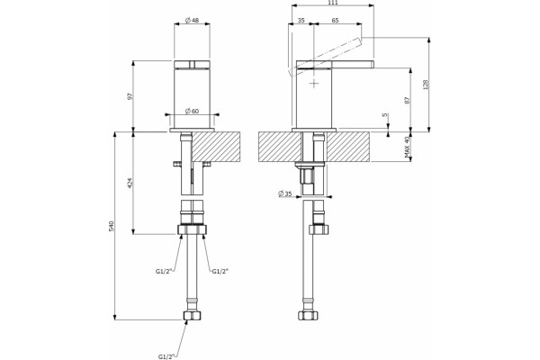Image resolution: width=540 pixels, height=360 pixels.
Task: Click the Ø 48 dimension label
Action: [192, 21]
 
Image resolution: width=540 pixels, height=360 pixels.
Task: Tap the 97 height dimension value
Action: [130, 96]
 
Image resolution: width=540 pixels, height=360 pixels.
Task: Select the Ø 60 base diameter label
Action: [192, 111]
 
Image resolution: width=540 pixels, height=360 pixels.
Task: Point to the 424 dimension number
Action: [130, 183]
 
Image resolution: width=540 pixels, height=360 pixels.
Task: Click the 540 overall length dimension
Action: [112, 226]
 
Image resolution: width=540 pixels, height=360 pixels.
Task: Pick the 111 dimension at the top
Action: [333, 3]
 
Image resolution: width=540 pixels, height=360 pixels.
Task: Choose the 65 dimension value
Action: [335, 21]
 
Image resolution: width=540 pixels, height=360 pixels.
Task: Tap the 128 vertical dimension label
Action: [426, 85]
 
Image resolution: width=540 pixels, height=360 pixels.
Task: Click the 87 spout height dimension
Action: [408, 100]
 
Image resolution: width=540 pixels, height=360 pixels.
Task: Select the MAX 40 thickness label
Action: [408, 147]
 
